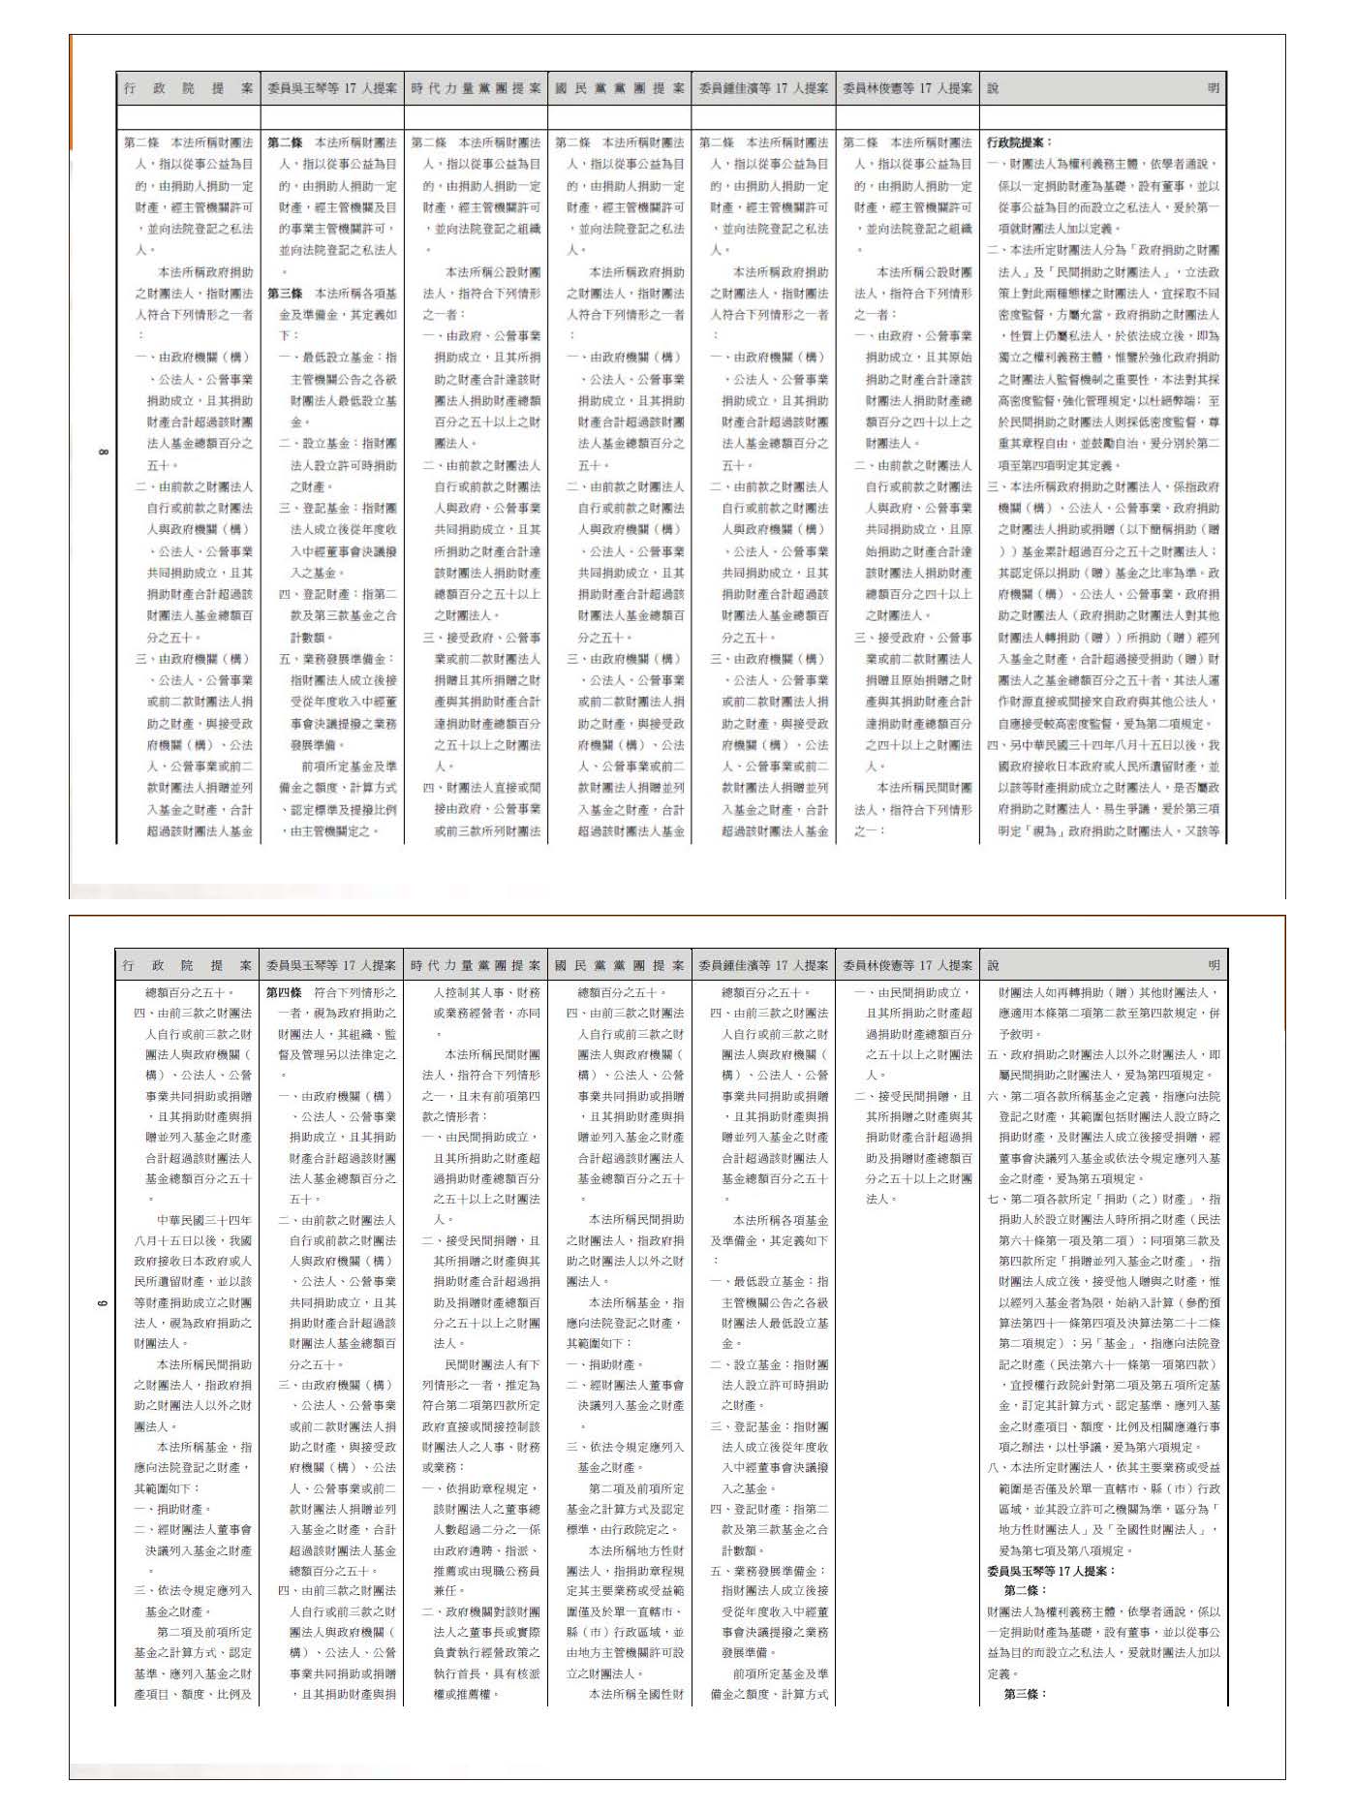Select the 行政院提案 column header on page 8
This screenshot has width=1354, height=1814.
click(188, 88)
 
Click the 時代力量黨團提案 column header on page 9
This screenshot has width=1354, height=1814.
click(476, 965)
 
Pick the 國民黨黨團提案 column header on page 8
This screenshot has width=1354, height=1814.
click(620, 88)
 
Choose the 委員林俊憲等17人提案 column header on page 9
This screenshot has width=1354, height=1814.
click(908, 965)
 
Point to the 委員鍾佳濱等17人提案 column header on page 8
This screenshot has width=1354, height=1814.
click(763, 88)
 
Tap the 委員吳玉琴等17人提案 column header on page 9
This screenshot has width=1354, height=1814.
click(331, 965)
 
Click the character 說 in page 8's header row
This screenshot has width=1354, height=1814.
click(993, 88)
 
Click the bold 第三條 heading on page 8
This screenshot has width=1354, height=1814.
click(285, 294)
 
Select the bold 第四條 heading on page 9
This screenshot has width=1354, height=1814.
click(285, 992)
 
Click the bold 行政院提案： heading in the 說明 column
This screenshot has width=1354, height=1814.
click(1019, 142)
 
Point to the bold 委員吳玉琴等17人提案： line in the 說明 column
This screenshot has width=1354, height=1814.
click(1051, 1571)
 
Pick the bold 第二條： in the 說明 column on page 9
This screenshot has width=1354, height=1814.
click(1025, 1591)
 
